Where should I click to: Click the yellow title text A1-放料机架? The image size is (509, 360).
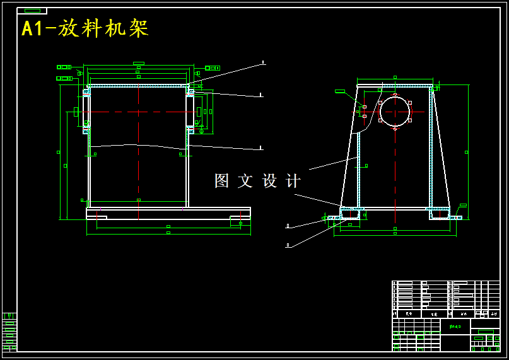point(85,29)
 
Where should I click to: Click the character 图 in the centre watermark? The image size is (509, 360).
point(222,181)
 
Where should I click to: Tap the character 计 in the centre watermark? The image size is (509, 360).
point(293,181)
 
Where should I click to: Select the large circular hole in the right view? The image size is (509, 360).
point(395,112)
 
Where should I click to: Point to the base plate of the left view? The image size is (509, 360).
point(168,213)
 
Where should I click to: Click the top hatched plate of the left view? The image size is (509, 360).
point(139,85)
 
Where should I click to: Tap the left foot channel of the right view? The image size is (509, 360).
point(349,214)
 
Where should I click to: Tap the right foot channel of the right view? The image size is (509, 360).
point(440,214)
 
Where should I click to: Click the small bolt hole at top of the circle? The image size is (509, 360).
point(395,95)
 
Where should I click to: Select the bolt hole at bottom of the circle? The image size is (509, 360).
point(395,129)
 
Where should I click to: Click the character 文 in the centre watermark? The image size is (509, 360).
point(245,181)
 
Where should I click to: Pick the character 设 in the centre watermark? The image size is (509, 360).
point(270,181)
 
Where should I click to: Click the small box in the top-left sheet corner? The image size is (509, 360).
point(32,11)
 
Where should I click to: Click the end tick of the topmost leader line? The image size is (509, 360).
point(263,62)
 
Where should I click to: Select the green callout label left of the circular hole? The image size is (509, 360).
point(340,91)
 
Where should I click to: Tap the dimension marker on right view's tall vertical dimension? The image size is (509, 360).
point(466,152)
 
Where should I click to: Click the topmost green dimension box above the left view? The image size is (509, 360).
point(139,63)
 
